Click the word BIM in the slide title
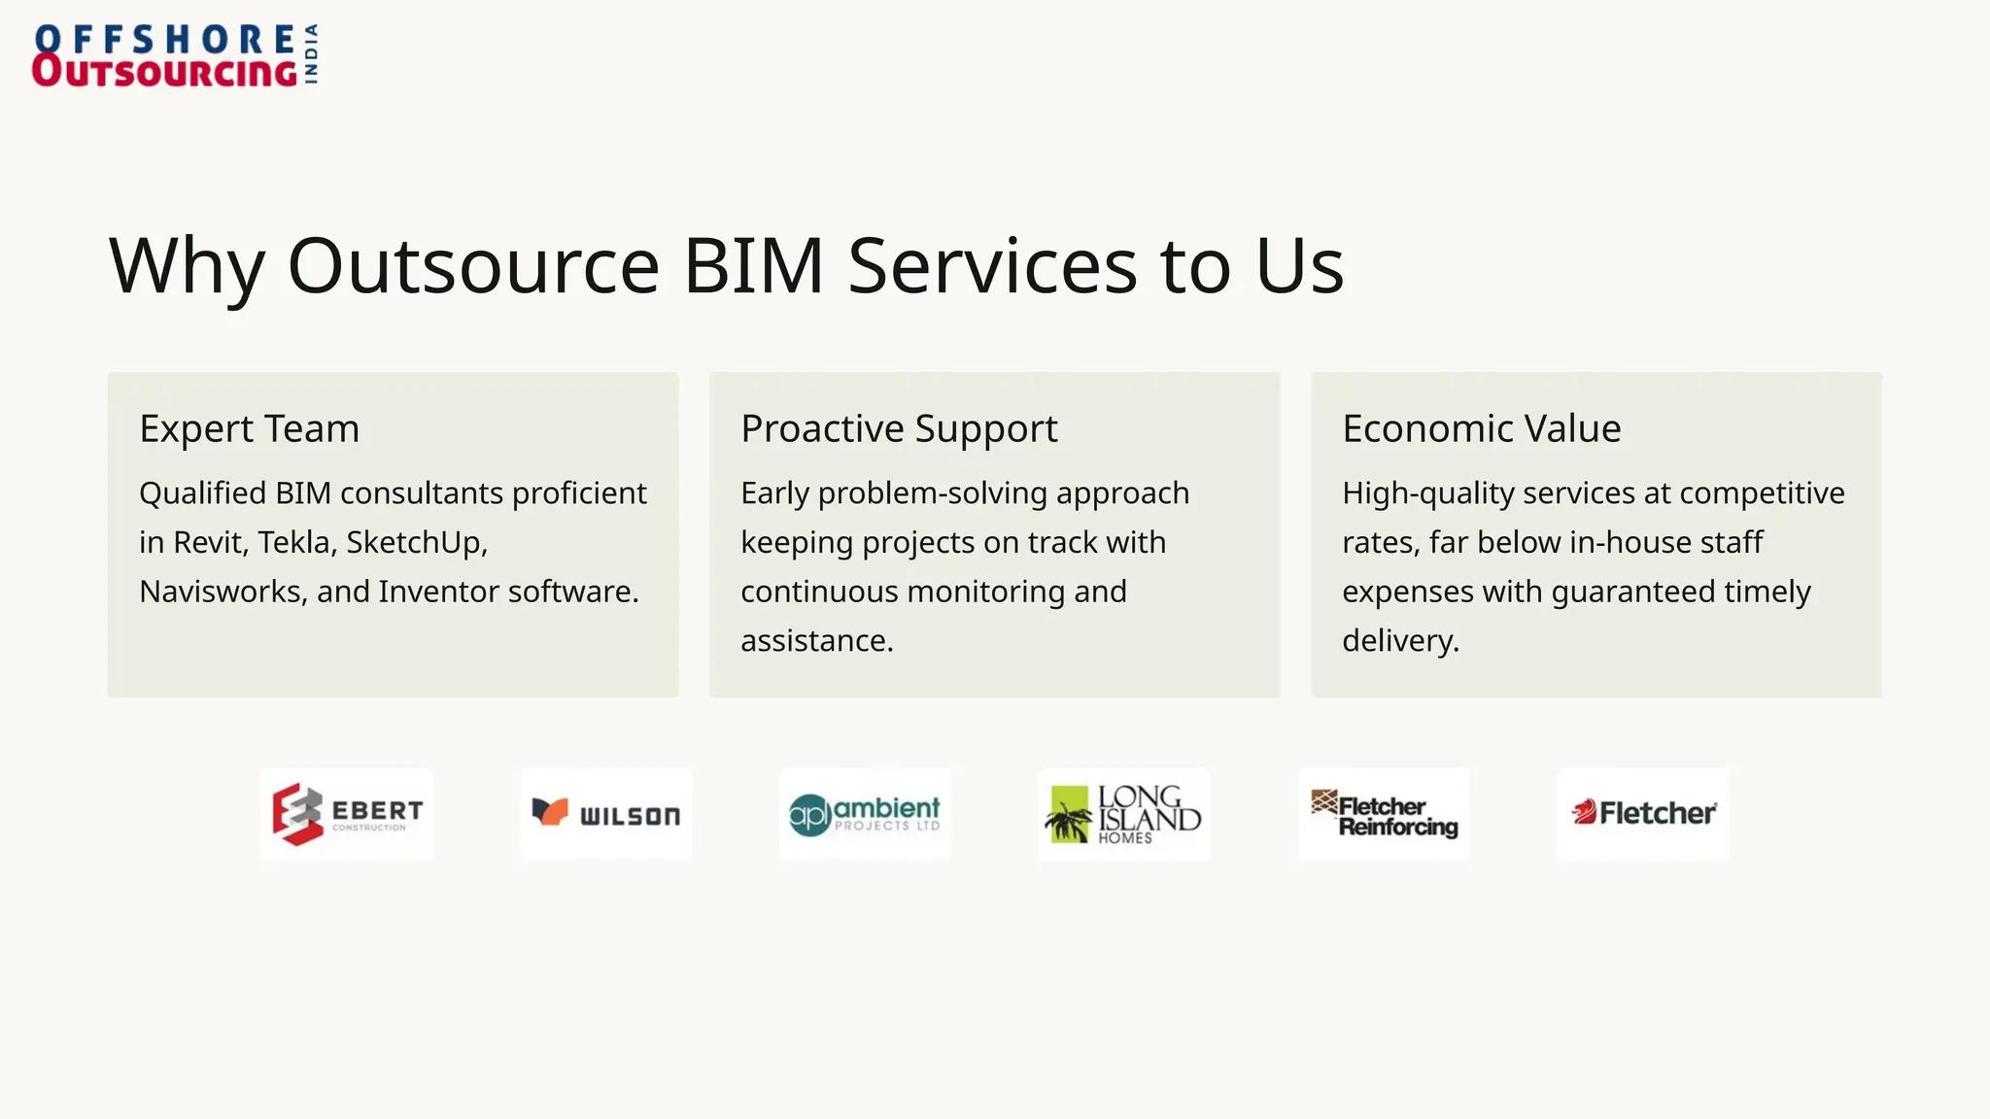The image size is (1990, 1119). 754,266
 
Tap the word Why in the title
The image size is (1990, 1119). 186,266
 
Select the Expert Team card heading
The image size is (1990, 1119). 250,428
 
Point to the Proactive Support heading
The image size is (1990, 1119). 899,428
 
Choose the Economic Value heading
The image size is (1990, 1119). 1481,428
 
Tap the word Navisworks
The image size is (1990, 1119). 221,592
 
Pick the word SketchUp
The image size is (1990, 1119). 416,542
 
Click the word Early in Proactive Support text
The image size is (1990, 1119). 774,493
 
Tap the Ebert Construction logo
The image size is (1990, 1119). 347,814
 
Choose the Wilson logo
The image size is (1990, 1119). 606,814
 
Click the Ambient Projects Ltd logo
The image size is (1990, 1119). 865,814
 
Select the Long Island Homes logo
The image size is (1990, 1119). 1124,814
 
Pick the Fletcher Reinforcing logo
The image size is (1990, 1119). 1384,814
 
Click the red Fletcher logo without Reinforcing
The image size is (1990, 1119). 1642,814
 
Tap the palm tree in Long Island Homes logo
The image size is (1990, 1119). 1069,818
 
